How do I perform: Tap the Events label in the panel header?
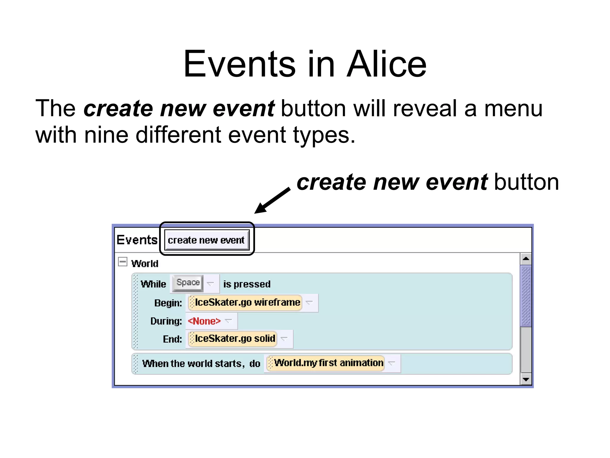(x=137, y=240)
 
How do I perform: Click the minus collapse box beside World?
(x=122, y=262)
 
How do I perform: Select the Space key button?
(x=188, y=282)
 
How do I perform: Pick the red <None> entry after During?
(x=204, y=321)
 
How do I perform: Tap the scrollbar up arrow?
(x=526, y=259)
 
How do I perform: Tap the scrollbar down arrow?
(x=526, y=379)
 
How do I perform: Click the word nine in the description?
(x=106, y=135)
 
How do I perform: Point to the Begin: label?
(x=168, y=303)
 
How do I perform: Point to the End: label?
(x=172, y=339)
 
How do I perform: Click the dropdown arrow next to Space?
(x=211, y=284)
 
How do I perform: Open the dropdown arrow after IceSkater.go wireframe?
(x=309, y=303)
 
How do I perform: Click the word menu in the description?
(x=513, y=108)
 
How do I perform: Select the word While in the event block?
(x=153, y=284)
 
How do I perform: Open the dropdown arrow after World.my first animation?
(x=392, y=363)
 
